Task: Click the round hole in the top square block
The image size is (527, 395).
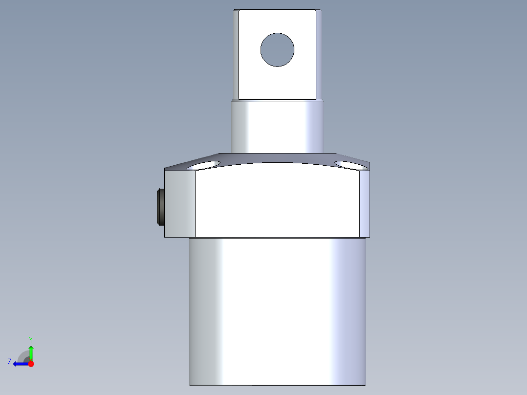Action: tap(277, 50)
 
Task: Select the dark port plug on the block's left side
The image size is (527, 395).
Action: tap(160, 206)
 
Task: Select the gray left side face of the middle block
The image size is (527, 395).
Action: tap(180, 203)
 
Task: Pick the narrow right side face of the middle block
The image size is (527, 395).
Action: tap(365, 203)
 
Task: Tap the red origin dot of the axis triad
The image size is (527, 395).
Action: tap(31, 364)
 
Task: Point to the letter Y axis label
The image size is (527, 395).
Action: tap(30, 339)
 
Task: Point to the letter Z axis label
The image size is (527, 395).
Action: tap(10, 361)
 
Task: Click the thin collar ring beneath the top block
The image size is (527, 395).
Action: tap(277, 100)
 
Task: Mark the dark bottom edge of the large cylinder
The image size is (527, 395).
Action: tap(277, 385)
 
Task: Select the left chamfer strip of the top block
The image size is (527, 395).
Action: tap(235, 54)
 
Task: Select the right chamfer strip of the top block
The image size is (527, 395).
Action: tap(319, 54)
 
